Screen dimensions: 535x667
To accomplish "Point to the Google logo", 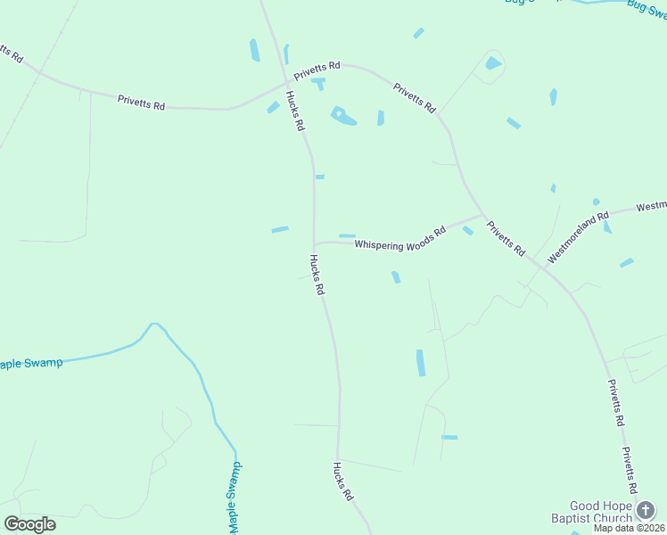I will [x=29, y=524].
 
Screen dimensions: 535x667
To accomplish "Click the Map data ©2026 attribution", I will [x=628, y=528].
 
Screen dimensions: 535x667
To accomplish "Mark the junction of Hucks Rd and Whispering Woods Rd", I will [x=314, y=243].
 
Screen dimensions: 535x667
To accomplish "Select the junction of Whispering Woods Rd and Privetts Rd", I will [x=482, y=215].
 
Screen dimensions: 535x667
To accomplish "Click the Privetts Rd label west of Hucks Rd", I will [x=141, y=103].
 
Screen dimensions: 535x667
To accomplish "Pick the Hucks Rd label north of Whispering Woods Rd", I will [x=295, y=111].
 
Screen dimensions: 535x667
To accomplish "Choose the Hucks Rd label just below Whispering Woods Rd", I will [x=317, y=275].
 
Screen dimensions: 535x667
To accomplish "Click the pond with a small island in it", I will [x=342, y=116].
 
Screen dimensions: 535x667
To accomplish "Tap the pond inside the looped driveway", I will [x=493, y=63].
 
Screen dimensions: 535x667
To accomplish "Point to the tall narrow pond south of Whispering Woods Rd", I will [x=421, y=362].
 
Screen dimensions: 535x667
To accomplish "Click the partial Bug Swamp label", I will [x=647, y=5].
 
